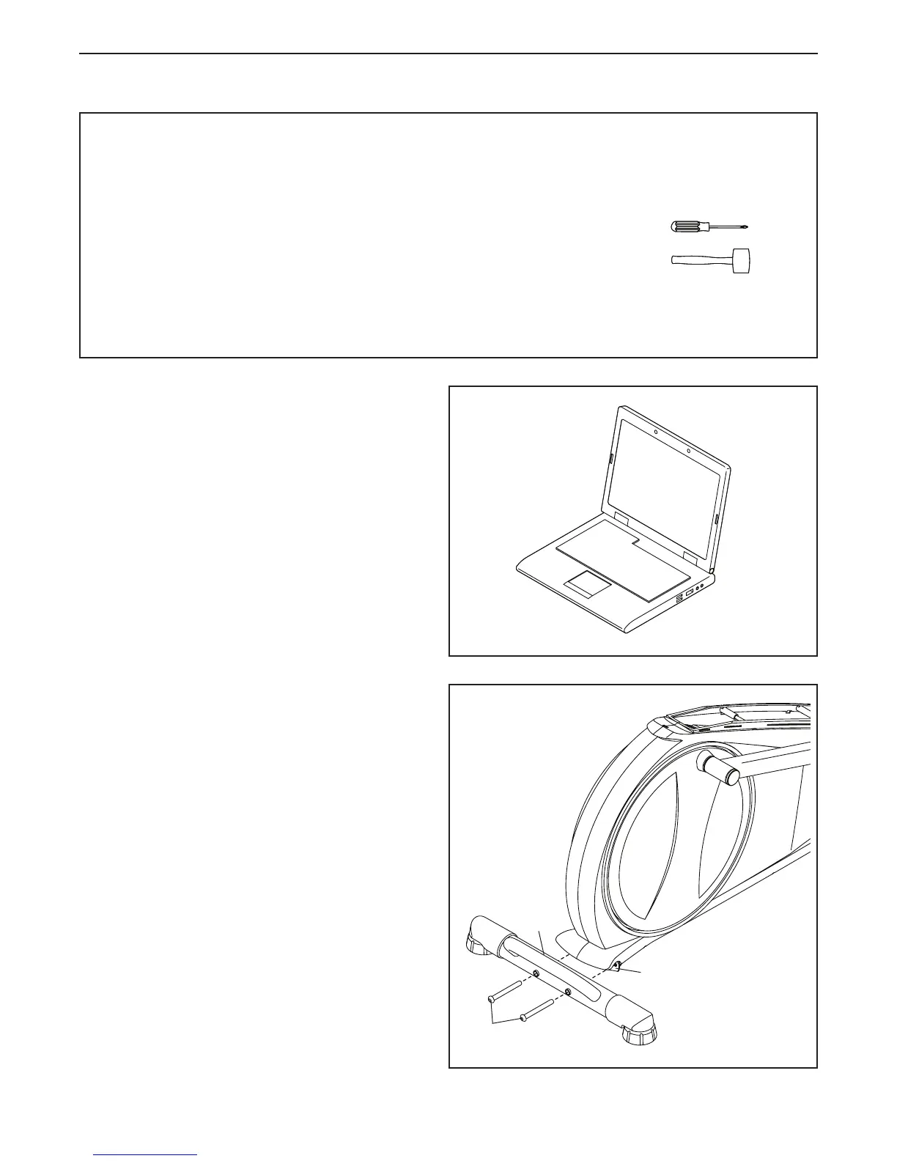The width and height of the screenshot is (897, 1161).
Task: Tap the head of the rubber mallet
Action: click(x=747, y=260)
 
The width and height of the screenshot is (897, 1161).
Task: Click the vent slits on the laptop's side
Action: click(x=678, y=598)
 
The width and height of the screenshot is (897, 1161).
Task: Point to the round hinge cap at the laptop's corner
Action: click(x=712, y=569)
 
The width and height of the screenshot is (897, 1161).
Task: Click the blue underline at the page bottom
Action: click(x=145, y=1155)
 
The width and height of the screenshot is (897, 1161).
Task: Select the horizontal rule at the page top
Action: click(x=448, y=54)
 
